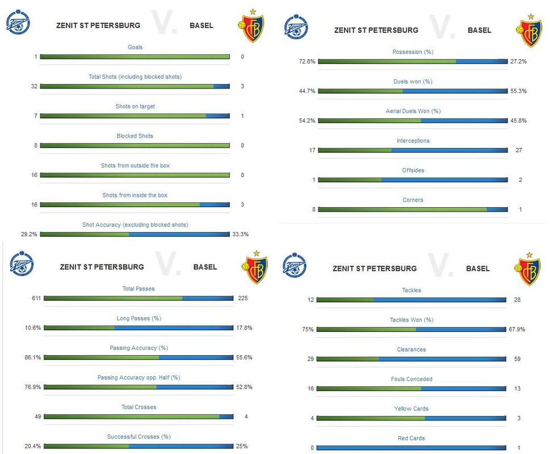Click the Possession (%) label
[x=413, y=52]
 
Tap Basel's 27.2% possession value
[x=518, y=61]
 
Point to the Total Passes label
[x=138, y=289]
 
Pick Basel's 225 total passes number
[x=242, y=298]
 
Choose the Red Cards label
[x=411, y=438]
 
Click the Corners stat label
[x=413, y=200]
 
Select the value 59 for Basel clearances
[x=517, y=359]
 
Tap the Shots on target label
[x=135, y=106]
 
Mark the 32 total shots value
[x=35, y=86]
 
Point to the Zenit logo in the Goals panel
[x=18, y=24]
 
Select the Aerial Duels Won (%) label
[x=413, y=111]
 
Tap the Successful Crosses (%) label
[x=138, y=436]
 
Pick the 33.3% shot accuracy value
[x=240, y=234]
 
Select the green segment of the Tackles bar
[x=345, y=300]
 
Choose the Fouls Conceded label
[x=411, y=379]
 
